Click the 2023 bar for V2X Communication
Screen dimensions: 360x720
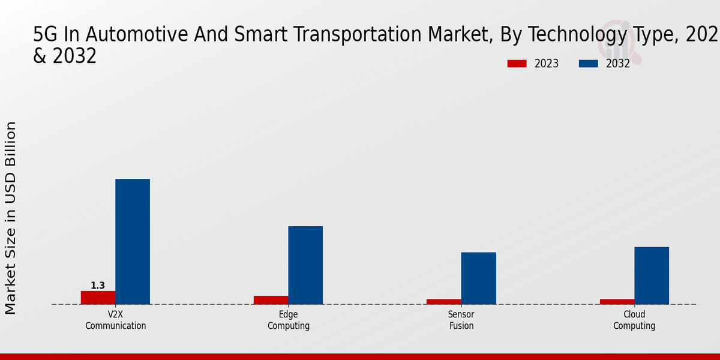coord(98,298)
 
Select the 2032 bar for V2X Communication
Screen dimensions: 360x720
coord(133,241)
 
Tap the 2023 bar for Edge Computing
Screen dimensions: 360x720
coord(271,300)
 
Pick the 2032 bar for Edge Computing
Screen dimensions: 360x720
coord(305,265)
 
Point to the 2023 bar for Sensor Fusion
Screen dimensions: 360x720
coord(444,301)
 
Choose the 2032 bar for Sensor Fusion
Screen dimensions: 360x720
coord(479,278)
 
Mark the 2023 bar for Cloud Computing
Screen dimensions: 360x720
coord(617,301)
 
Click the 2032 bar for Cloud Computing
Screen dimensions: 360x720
coord(652,275)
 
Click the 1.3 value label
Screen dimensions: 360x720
coord(98,286)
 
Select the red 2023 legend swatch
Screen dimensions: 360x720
coord(517,64)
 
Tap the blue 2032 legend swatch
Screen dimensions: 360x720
coord(589,64)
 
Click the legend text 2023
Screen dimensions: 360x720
coord(546,64)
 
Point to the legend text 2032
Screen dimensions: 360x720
coord(618,64)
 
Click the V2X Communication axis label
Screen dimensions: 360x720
coord(116,320)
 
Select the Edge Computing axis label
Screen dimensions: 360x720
coord(289,320)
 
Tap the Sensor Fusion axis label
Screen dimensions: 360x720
coord(461,320)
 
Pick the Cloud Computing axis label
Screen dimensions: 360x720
coord(634,320)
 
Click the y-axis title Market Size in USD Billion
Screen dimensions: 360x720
coord(11,218)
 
